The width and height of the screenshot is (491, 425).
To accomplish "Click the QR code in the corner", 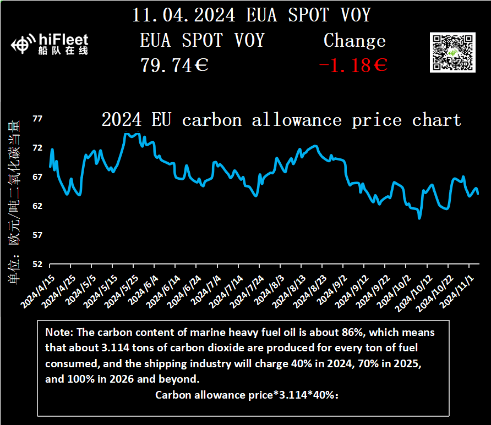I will coord(451,52).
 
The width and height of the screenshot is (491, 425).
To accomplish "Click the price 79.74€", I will coord(174,66).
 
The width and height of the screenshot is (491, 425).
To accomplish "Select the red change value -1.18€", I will coord(353,66).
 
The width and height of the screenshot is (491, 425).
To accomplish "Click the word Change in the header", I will coord(354,41).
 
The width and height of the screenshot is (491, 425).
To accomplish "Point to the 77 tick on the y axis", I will coord(37,119).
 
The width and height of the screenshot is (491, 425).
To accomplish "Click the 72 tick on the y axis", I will coord(37,148).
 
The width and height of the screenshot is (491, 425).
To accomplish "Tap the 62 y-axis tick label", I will coord(37,206).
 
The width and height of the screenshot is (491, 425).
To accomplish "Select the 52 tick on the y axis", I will coord(37,264).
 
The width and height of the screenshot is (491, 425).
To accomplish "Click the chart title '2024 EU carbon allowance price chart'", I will coord(281,119).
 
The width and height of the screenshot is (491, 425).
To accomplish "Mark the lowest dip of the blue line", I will coord(420,218).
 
